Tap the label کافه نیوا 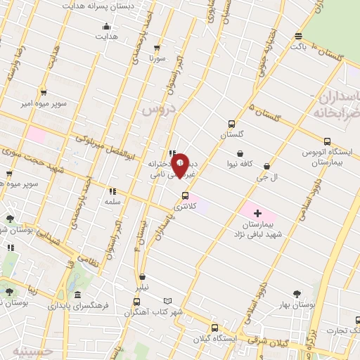pos(240,163)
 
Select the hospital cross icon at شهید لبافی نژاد pos(257,212)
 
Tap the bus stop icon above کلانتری pos(186,195)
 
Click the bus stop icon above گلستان pos(232,122)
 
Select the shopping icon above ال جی pos(266,167)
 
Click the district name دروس pos(155,110)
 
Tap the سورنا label pos(155,60)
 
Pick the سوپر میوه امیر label pos(44,103)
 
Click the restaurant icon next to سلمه pos(112,191)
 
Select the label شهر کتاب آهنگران pos(162,311)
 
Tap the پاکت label pos(300,45)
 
